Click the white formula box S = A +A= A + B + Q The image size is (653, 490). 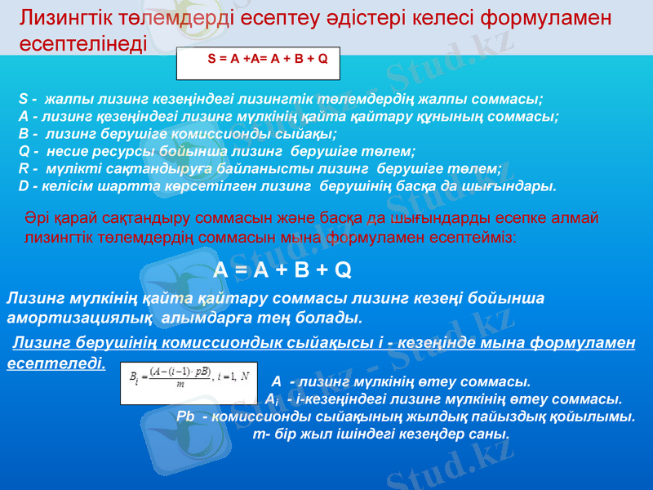pyautogui.click(x=258, y=60)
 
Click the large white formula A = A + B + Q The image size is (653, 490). pyautogui.click(x=282, y=269)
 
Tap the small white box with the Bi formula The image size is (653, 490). pyautogui.click(x=188, y=383)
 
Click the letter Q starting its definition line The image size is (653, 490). pyautogui.click(x=23, y=152)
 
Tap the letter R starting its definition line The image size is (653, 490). pyautogui.click(x=23, y=169)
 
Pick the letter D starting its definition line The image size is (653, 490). pyautogui.click(x=23, y=186)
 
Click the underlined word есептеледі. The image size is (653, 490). pyautogui.click(x=56, y=363)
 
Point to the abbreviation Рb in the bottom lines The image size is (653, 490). pyautogui.click(x=185, y=417)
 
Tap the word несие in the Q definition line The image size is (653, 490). pyautogui.click(x=64, y=152)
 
